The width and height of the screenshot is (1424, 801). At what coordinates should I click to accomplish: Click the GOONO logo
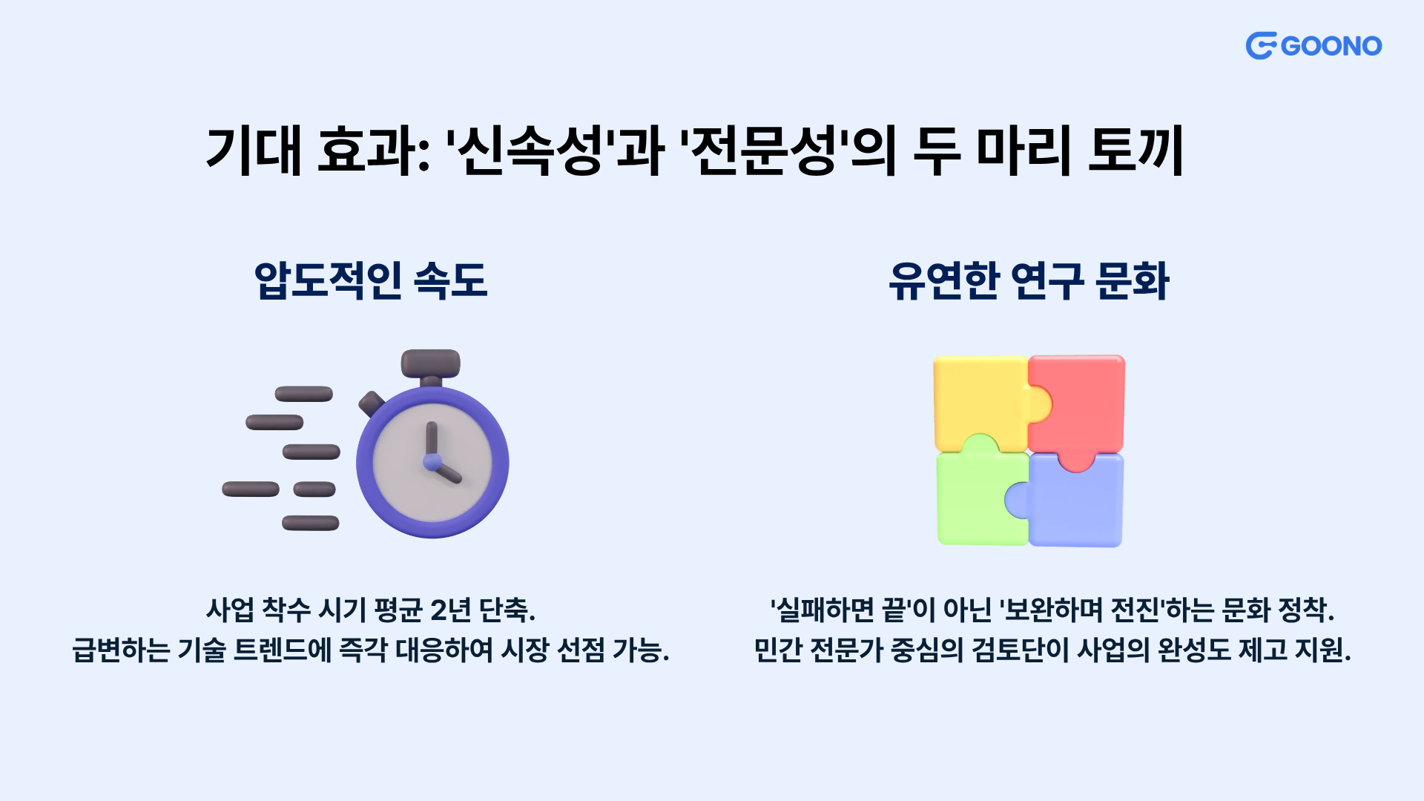tap(1313, 46)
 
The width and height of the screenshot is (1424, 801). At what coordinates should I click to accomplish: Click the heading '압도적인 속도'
tap(371, 281)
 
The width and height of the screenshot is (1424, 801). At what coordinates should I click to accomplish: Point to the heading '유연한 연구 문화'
tap(1029, 281)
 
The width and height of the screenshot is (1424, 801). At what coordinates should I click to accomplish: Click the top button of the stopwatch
tap(431, 363)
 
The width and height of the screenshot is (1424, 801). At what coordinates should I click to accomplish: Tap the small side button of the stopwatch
tap(371, 403)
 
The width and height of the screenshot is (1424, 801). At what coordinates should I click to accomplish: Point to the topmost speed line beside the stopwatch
tap(304, 394)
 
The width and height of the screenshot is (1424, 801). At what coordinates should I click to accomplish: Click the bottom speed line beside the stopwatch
tap(311, 523)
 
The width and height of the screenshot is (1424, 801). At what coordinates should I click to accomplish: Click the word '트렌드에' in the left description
tap(283, 650)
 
